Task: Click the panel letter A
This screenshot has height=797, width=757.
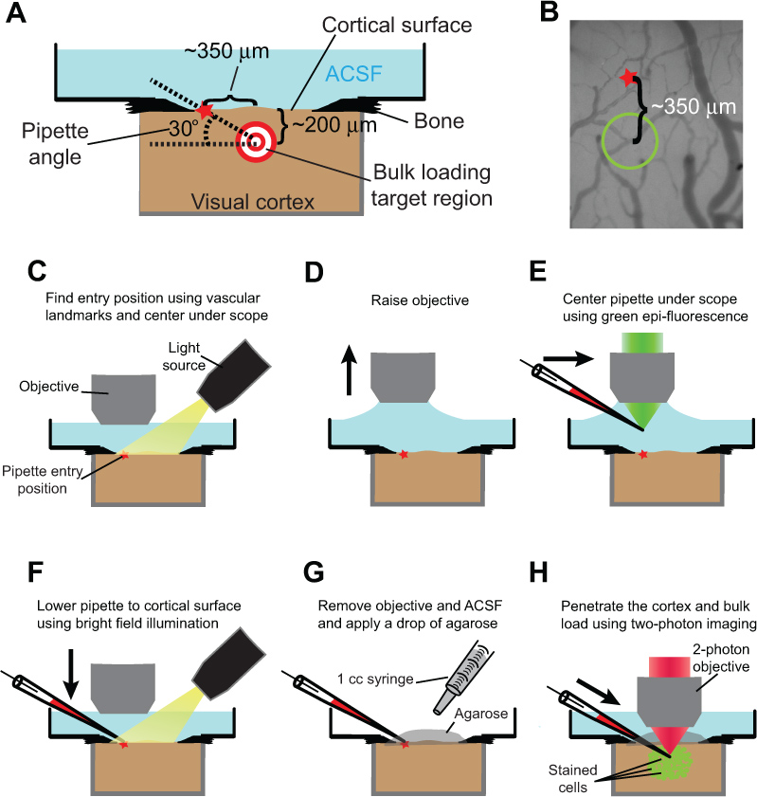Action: pos(16,12)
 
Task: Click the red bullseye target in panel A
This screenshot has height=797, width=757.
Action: pos(256,142)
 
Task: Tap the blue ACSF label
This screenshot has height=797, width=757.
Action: pos(353,74)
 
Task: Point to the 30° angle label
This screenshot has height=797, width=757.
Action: pos(184,129)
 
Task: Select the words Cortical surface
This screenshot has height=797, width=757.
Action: pos(397,25)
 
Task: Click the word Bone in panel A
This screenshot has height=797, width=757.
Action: pos(439,121)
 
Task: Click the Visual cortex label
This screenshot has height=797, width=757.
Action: pos(253,202)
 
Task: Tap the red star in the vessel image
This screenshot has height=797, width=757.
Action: pos(628,78)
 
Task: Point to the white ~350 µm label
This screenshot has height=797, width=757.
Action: pos(694,107)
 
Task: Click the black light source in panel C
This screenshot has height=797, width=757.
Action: pos(234,375)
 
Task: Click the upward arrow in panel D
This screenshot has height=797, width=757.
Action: pos(349,370)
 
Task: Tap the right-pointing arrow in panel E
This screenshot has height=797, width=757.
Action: pos(568,358)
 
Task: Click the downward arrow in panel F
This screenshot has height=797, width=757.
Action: pos(71,674)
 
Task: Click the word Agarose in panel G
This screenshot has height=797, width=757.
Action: pos(480,714)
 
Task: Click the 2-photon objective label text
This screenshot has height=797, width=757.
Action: pos(721,658)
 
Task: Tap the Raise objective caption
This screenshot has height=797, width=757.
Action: pos(420,300)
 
